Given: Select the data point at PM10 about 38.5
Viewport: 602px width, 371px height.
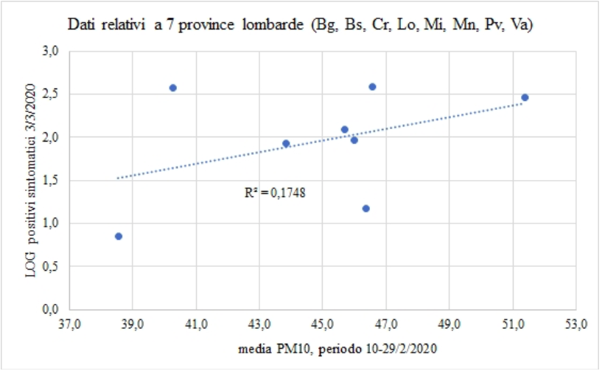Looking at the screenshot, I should click(x=119, y=236).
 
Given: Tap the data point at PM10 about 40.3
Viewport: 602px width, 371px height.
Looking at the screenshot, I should click(x=173, y=88).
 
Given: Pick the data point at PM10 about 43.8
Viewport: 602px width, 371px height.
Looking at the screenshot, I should click(x=286, y=144).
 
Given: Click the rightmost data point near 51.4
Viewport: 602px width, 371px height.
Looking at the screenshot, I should click(x=525, y=97).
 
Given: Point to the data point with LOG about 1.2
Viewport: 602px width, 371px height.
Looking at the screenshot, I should click(x=365, y=209).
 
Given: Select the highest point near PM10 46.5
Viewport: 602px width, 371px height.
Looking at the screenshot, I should click(x=372, y=87).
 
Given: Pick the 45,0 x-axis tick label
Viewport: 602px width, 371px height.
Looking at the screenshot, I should click(x=322, y=324).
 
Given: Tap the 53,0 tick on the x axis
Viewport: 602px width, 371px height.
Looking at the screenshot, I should click(x=575, y=324).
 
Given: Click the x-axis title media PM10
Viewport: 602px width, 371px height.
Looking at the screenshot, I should click(x=322, y=349).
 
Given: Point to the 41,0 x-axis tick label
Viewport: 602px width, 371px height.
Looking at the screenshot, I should click(x=196, y=324).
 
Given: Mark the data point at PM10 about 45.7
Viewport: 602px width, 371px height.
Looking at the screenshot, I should click(x=344, y=130).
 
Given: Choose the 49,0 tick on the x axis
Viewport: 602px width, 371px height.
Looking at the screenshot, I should click(x=449, y=324).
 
